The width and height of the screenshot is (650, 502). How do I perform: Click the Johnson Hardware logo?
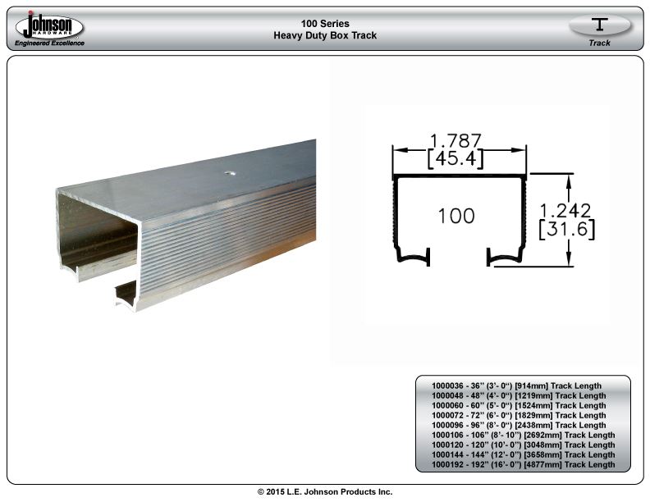tap(49, 26)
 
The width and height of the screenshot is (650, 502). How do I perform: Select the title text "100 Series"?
tap(325, 24)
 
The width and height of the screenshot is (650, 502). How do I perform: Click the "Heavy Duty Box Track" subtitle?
tap(325, 35)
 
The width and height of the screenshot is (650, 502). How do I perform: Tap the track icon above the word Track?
tap(599, 24)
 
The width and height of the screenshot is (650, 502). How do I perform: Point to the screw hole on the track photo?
tap(230, 173)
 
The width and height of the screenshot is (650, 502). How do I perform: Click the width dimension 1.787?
tap(455, 140)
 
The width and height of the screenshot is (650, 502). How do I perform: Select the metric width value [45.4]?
tap(455, 158)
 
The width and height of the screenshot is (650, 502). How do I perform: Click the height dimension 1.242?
tap(565, 211)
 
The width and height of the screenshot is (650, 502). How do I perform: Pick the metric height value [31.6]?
tap(566, 229)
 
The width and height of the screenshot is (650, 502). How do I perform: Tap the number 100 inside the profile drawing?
tap(456, 216)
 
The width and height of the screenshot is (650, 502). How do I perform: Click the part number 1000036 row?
tap(516, 386)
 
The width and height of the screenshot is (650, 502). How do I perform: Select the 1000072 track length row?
tap(519, 415)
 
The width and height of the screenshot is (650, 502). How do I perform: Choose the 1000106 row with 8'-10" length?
tap(523, 435)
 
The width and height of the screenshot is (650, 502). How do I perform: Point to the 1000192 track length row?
tap(523, 465)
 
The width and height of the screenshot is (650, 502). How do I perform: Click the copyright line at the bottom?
tap(325, 491)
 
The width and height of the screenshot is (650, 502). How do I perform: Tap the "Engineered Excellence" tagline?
tap(49, 43)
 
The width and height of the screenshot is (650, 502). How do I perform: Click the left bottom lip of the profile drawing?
tap(414, 257)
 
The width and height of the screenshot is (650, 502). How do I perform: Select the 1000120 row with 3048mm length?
tap(523, 445)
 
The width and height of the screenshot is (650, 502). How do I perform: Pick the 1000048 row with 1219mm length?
tap(519, 396)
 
